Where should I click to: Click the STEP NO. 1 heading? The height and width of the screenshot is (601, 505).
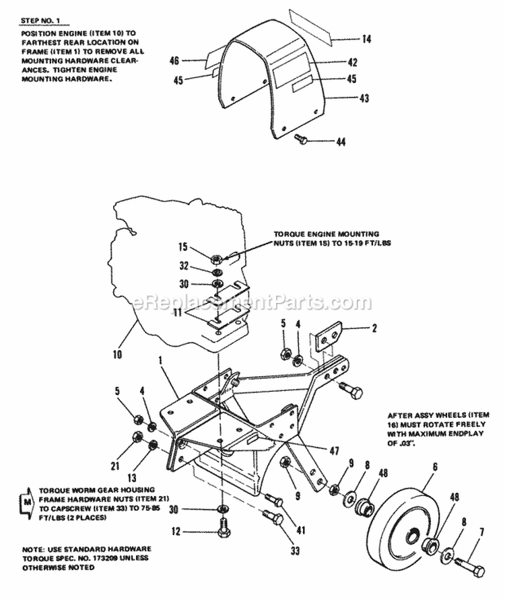40,22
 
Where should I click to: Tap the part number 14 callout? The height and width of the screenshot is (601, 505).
366,40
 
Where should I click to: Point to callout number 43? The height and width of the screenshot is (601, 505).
364,98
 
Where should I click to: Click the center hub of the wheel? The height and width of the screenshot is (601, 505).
411,538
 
